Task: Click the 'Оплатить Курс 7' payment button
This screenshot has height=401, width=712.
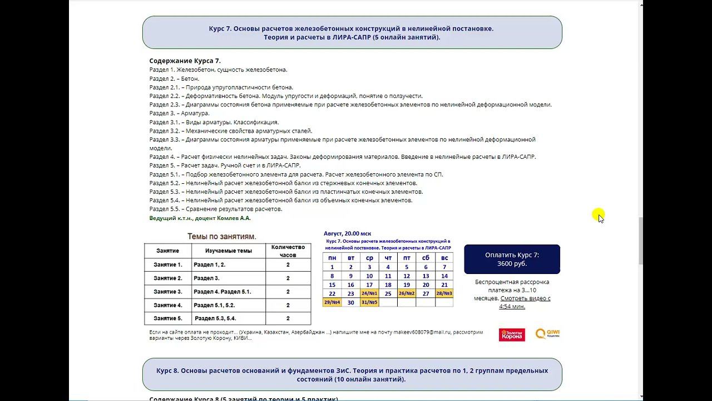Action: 512,260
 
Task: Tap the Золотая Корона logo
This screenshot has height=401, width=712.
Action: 512,334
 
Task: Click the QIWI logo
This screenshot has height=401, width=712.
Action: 547,334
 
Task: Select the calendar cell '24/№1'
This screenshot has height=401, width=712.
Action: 369,294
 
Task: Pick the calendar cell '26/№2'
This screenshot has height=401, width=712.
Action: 407,294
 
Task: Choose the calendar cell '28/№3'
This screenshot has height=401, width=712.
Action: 444,294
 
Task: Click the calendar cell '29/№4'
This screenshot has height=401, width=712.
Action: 332,302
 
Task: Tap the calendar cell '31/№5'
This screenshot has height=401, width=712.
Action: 369,302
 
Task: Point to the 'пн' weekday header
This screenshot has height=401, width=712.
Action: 332,258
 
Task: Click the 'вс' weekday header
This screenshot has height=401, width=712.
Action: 444,258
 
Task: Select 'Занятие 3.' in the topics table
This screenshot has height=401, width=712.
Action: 168,292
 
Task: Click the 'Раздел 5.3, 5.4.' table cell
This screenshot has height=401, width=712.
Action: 215,319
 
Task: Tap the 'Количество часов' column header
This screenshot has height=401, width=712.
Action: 288,251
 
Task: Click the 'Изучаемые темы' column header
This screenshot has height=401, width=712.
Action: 228,251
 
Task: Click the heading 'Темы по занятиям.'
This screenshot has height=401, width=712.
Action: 222,236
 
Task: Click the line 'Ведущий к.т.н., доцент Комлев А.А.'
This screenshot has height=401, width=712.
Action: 200,218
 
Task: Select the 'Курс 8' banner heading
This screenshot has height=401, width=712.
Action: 352,374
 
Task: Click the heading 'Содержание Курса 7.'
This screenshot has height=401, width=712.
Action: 185,61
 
